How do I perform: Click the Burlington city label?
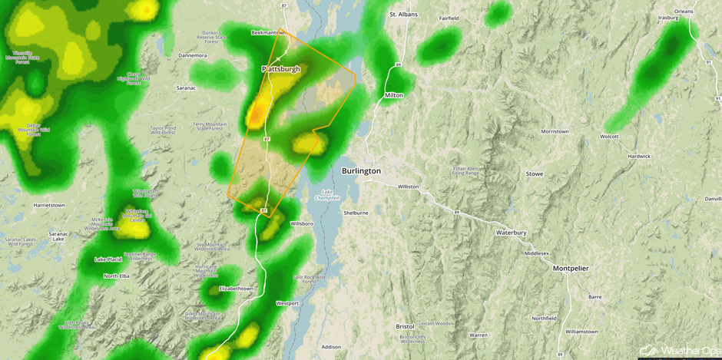coord(361,170)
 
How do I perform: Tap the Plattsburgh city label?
coord(281,69)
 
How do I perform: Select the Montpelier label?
coord(571,269)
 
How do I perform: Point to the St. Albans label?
coord(403,15)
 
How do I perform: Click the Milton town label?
coord(394,95)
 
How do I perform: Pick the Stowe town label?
coord(535,174)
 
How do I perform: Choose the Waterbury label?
coord(511,233)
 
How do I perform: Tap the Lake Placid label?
coord(108,259)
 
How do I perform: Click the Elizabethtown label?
coord(236,289)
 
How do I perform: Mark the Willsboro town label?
coord(302,223)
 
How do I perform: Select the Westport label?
coord(287,303)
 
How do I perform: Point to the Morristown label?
coord(555,131)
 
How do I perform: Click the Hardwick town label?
coord(639,157)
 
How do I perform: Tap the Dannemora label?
coord(192,55)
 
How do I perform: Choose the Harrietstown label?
coord(49,206)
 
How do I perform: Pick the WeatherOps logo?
coord(680,351)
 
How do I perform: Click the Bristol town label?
coord(405,326)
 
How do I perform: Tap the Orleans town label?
coord(684,12)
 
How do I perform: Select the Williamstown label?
coord(581,332)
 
